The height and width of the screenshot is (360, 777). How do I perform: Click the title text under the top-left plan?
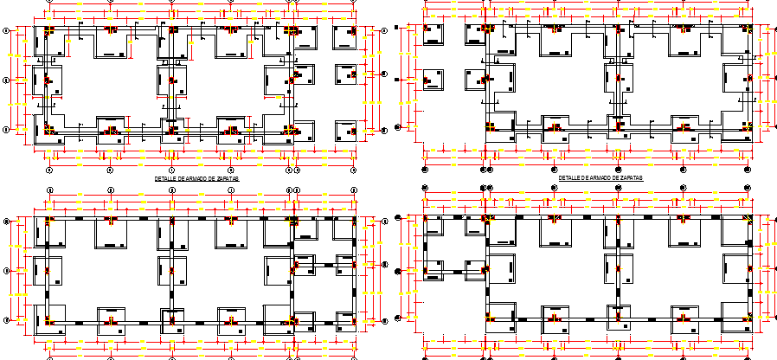(x=196, y=178)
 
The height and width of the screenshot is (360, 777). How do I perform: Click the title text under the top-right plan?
(x=600, y=177)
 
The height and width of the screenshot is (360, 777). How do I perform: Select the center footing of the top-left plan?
(x=171, y=80)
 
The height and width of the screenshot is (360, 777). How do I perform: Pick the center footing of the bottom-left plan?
(x=171, y=270)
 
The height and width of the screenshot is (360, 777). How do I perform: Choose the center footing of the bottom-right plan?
(x=620, y=271)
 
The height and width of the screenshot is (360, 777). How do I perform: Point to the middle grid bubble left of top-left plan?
(x=8, y=80)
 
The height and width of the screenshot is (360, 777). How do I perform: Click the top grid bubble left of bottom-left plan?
(x=8, y=222)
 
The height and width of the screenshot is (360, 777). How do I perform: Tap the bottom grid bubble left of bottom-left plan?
(x=8, y=320)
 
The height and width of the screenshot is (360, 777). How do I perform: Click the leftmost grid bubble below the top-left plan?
(x=49, y=170)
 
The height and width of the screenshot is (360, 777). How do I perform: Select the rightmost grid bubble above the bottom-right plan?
(x=748, y=187)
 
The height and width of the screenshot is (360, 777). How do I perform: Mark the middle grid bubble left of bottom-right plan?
(x=399, y=272)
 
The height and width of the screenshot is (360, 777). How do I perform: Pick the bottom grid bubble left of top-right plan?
(x=399, y=127)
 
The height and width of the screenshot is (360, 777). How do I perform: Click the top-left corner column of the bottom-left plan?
(x=49, y=219)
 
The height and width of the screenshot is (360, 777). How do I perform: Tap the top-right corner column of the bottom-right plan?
(x=748, y=218)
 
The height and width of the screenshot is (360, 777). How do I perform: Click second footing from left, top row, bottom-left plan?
(x=111, y=229)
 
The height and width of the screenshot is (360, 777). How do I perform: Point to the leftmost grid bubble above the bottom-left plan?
(x=49, y=190)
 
